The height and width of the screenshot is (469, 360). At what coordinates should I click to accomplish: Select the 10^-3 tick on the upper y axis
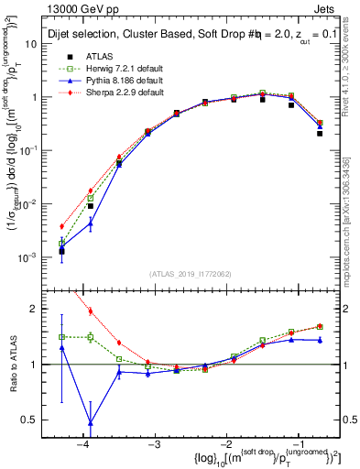coord(31,257)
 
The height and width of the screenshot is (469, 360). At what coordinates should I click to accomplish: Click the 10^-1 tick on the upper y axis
coord(31,150)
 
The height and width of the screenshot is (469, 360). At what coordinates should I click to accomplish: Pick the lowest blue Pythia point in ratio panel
coord(90,422)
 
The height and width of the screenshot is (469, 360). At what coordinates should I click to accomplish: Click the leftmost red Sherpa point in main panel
coord(61,226)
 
